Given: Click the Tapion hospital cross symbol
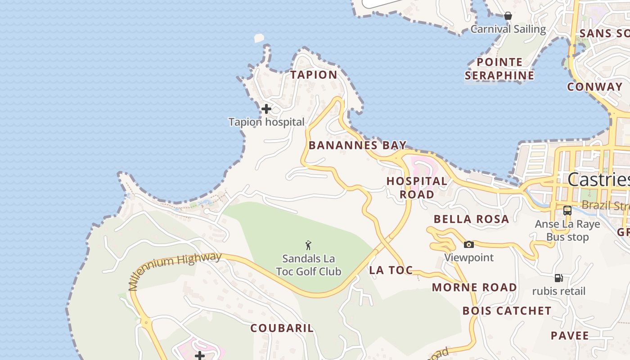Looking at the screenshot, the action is (x=266, y=109).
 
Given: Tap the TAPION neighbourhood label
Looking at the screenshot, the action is (x=314, y=75).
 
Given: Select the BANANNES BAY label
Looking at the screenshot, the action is (x=358, y=145).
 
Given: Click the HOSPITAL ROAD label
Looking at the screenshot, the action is (x=417, y=188).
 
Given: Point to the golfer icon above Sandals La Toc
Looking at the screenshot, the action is (x=308, y=245).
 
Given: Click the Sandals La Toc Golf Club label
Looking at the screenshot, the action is (x=309, y=265).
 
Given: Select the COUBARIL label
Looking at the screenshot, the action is (x=282, y=328).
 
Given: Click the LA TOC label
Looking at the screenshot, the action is (x=391, y=270).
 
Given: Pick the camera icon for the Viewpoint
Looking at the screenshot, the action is (x=469, y=244).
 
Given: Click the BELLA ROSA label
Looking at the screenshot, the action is (x=471, y=219).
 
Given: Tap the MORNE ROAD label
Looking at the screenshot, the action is (x=474, y=287).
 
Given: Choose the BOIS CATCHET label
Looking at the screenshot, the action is (x=507, y=310).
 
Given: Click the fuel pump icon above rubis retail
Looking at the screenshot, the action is (x=559, y=278).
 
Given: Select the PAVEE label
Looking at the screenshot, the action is (x=570, y=336).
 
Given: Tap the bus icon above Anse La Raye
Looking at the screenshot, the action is (x=567, y=210).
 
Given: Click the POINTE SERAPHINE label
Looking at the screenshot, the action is (x=499, y=68).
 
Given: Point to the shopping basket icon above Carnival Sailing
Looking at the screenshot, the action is (x=508, y=16).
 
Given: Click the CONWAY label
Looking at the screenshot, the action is (x=594, y=86).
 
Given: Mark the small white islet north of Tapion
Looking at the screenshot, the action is (x=259, y=38).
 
